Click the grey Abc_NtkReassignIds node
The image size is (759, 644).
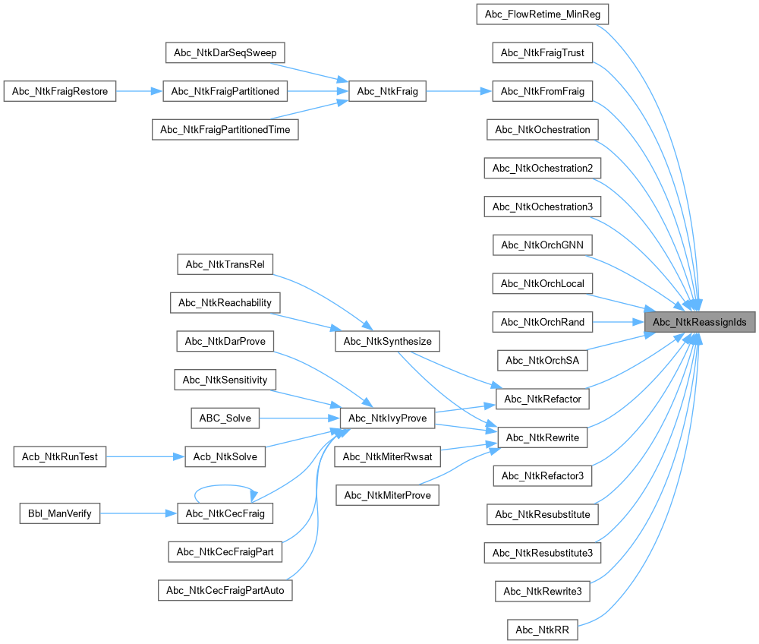click(700, 322)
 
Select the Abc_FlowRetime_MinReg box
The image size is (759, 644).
click(542, 14)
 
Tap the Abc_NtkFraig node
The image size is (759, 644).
click(387, 92)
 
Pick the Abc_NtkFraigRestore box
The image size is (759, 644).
click(60, 92)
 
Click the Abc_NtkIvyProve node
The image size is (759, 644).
click(388, 418)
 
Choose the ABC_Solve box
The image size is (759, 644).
click(225, 418)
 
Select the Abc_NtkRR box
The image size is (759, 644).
click(542, 630)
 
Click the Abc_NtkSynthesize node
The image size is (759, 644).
click(387, 341)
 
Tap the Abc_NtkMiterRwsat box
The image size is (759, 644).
click(387, 456)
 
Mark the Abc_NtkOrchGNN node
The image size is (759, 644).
click(542, 245)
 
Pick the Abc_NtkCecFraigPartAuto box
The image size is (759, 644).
click(225, 590)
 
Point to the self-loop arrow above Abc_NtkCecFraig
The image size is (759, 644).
click(225, 490)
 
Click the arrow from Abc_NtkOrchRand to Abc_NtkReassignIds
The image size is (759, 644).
click(618, 322)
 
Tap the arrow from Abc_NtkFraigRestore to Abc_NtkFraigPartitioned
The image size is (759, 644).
click(140, 92)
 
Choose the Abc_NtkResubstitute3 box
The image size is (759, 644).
click(542, 552)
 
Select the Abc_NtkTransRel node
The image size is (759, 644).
click(225, 264)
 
